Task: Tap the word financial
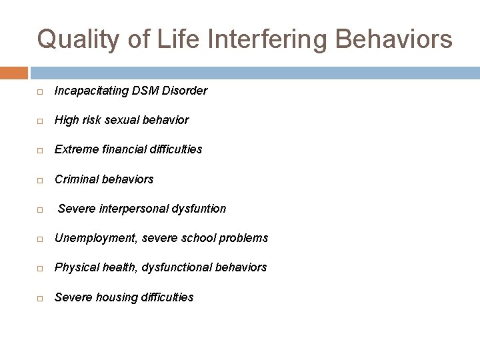click(x=119, y=149)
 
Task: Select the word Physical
click(x=75, y=267)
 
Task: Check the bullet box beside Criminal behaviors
click(x=41, y=180)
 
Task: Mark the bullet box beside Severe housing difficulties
click(x=41, y=298)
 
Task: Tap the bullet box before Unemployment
click(x=41, y=239)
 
